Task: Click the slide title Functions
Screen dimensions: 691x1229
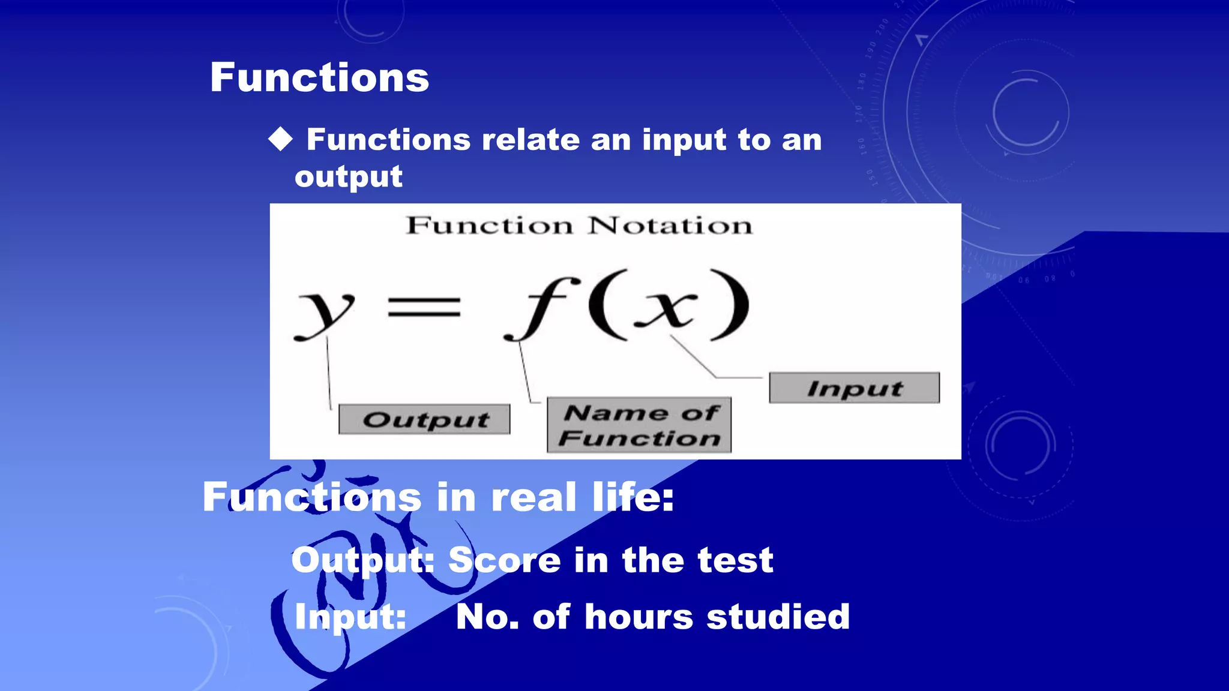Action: [x=319, y=78]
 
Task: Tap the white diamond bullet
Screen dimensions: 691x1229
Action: [x=280, y=139]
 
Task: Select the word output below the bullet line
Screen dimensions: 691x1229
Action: [x=349, y=178]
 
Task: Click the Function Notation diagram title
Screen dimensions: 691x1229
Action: [x=579, y=226]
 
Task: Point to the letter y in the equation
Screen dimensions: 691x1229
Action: [x=325, y=312]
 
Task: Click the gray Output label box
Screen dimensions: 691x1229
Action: [x=424, y=419]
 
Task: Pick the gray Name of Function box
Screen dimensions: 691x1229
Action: [x=639, y=425]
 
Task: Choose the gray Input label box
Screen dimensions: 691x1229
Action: [x=854, y=388]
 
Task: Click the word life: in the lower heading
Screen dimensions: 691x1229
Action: [x=633, y=497]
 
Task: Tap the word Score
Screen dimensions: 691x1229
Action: [x=505, y=560]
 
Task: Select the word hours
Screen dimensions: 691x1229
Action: [x=639, y=617]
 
